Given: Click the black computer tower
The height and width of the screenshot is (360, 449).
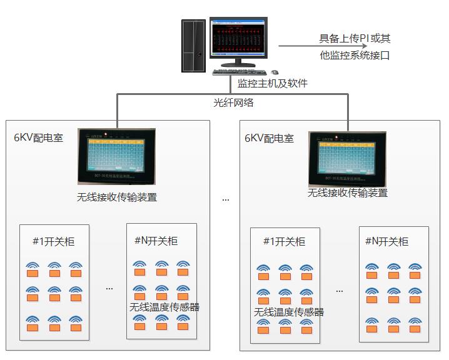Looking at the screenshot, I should click(x=193, y=46).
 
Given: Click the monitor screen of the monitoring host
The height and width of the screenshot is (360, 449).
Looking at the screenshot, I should click(x=237, y=39).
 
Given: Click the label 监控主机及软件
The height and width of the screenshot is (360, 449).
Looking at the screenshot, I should click(x=272, y=83).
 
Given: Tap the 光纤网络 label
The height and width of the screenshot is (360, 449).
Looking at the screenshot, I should click(x=233, y=102).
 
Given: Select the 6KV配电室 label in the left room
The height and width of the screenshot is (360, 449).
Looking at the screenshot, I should click(x=39, y=137).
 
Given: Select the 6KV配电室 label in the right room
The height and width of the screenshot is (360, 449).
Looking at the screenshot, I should click(x=269, y=137).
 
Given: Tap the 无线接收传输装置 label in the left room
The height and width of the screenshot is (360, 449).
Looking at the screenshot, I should click(x=117, y=197).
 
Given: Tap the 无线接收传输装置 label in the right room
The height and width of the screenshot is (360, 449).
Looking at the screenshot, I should click(x=347, y=193).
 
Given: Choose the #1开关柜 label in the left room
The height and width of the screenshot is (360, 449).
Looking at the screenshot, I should click(x=53, y=242).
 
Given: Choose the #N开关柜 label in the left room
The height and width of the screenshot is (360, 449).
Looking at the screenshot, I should click(x=156, y=241).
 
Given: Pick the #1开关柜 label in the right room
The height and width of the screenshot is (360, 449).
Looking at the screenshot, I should click(x=284, y=242).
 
